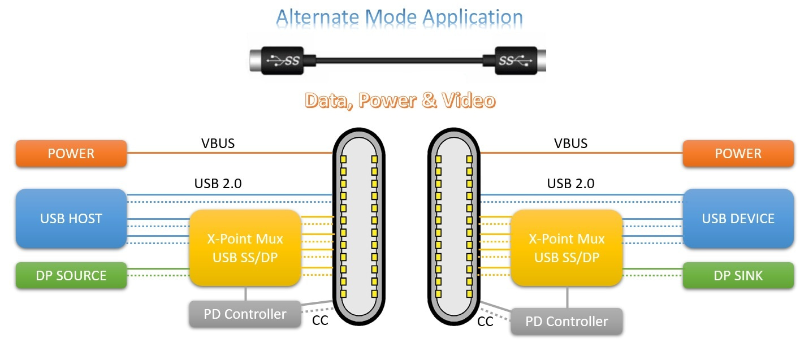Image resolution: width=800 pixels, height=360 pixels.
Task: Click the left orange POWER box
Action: click(71, 154)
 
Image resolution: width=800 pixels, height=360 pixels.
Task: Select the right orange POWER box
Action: click(738, 154)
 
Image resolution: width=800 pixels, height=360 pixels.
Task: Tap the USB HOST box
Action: click(71, 218)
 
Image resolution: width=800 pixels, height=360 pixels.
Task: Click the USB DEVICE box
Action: click(738, 218)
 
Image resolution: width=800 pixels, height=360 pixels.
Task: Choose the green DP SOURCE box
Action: click(71, 276)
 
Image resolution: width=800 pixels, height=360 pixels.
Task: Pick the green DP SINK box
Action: click(738, 276)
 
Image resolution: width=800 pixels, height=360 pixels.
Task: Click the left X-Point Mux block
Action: click(244, 248)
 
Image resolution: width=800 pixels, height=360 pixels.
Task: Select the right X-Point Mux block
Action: click(567, 248)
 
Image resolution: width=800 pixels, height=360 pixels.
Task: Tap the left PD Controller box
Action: click(245, 314)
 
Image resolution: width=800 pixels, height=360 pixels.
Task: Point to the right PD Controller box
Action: click(567, 322)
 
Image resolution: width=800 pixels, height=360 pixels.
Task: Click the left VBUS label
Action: click(218, 143)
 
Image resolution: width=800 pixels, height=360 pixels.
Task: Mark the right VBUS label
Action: click(570, 143)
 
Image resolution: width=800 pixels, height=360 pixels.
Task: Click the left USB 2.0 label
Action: click(218, 184)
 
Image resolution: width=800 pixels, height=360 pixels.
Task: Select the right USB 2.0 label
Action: click(570, 184)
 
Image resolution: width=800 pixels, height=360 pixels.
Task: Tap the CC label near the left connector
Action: click(320, 322)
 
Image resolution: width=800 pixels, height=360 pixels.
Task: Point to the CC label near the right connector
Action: click(485, 322)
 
